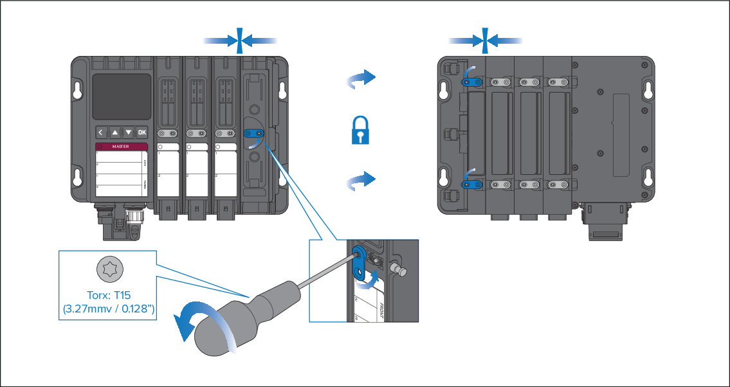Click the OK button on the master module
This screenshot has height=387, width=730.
tap(142, 132)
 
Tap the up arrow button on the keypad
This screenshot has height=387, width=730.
tap(115, 132)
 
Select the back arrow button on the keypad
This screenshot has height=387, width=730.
tap(101, 132)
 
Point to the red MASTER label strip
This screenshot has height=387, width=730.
tap(122, 147)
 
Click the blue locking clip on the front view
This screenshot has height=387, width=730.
tap(253, 134)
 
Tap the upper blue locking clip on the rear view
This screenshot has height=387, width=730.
tap(473, 82)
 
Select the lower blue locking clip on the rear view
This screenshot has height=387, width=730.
tap(473, 184)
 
